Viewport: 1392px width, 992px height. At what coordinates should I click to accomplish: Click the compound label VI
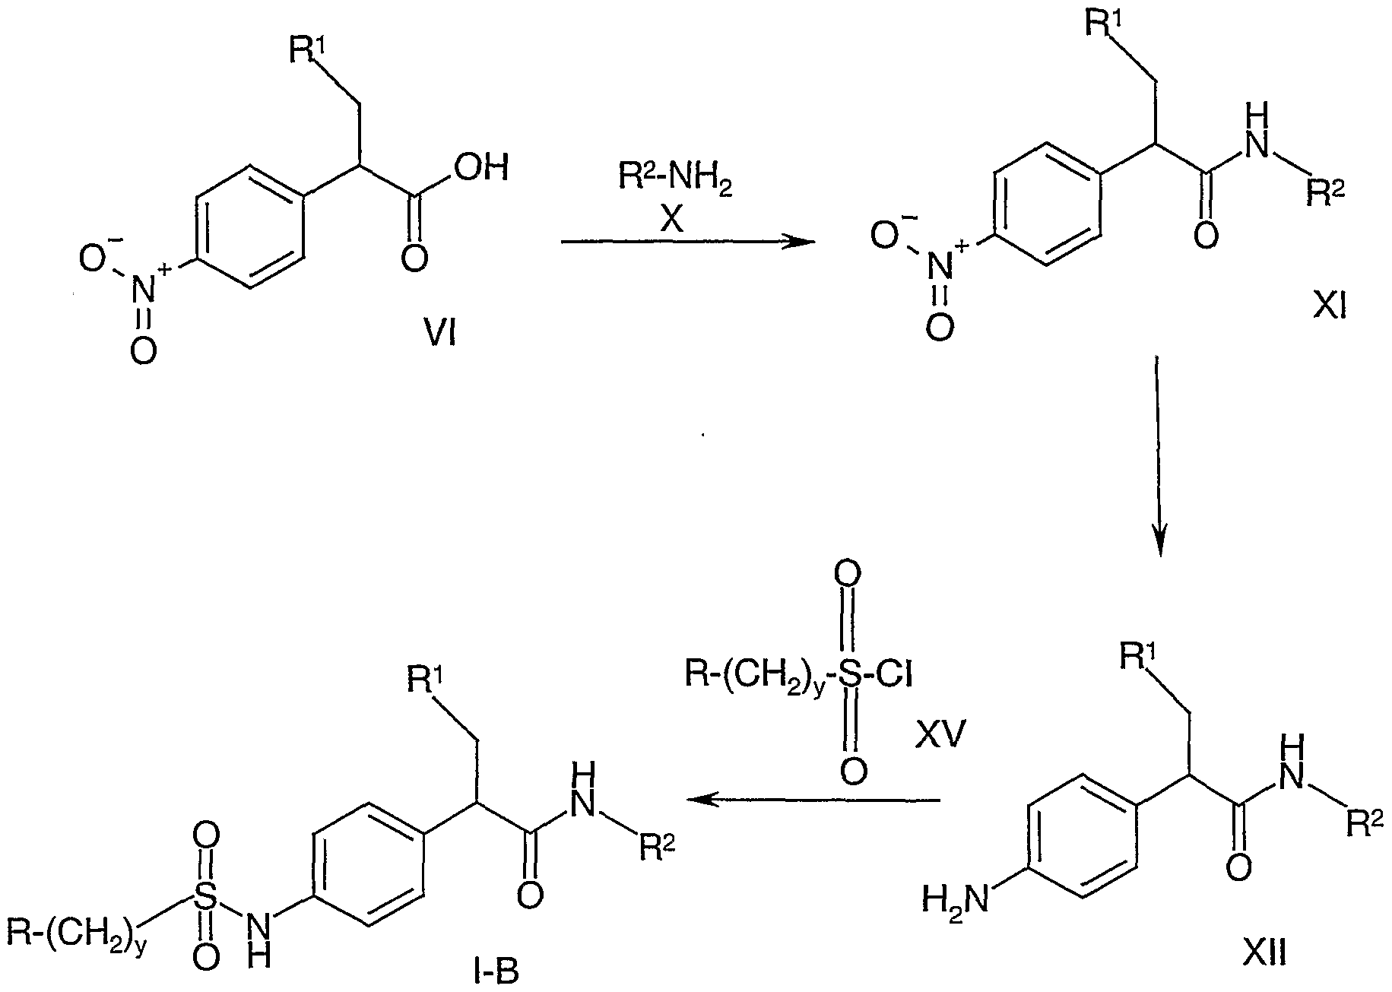click(440, 333)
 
